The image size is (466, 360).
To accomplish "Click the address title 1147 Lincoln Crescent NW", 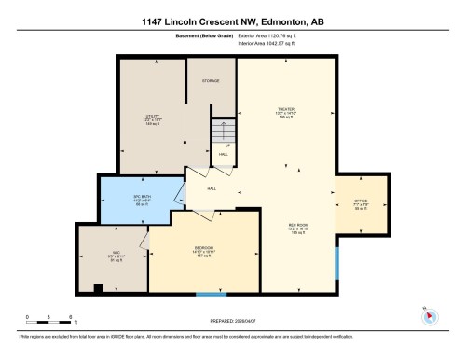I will (x=233, y=21).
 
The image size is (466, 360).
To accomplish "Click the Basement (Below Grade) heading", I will (x=189, y=37).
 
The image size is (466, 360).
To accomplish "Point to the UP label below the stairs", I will (x=226, y=146).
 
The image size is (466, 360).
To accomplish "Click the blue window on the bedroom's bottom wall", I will (x=204, y=295).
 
